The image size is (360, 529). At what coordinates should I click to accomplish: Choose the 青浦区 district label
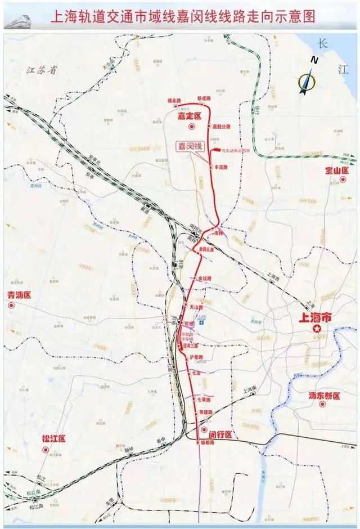click(x=19, y=295)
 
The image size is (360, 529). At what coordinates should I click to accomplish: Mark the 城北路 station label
click(x=175, y=100)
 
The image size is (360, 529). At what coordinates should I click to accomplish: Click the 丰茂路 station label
click(x=222, y=168)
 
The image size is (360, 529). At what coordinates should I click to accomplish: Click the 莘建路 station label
click(x=204, y=413)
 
